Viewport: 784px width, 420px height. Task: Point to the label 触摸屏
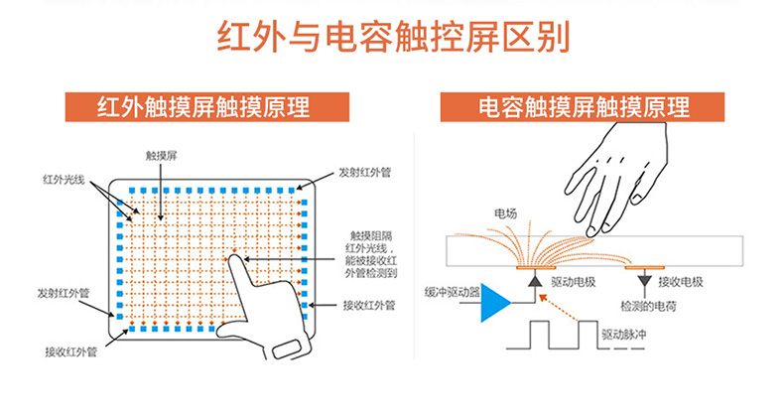[160, 156]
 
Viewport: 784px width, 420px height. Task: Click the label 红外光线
[64, 180]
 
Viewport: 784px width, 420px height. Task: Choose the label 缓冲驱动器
[452, 292]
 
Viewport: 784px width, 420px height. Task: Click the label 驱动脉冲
[624, 336]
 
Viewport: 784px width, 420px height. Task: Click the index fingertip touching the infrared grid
[234, 261]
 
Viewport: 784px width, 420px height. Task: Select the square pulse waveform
[551, 336]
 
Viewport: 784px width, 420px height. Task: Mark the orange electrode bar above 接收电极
[646, 266]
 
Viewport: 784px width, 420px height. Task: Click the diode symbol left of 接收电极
[646, 281]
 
